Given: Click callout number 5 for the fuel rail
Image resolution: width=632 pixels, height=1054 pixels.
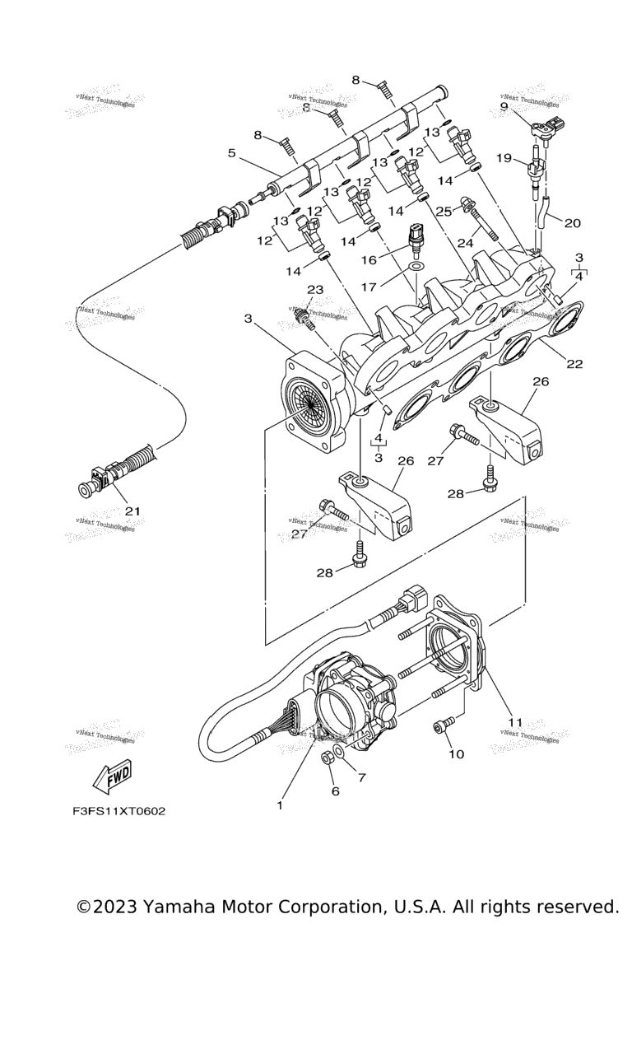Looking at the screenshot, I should tap(232, 153).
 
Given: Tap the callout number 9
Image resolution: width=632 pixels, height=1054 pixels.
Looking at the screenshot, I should tap(504, 106).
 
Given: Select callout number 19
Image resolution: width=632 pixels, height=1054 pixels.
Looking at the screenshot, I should tap(504, 156).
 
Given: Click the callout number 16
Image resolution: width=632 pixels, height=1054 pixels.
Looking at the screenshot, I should tap(368, 259).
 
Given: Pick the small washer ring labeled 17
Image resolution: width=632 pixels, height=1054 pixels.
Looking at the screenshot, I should tap(416, 268).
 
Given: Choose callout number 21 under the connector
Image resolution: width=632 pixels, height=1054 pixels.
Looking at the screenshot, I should tap(132, 511).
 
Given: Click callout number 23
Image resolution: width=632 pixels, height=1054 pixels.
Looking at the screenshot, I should tap(314, 289).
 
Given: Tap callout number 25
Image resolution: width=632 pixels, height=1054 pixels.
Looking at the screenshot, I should tap(444, 212).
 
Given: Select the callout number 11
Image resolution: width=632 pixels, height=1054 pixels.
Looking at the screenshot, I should tap(515, 722).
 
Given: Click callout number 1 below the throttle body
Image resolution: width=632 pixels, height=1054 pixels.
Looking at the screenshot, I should tap(280, 804).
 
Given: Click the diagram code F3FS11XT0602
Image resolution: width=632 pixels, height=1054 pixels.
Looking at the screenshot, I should tap(118, 811).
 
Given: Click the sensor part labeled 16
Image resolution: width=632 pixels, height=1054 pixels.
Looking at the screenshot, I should tap(417, 236).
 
